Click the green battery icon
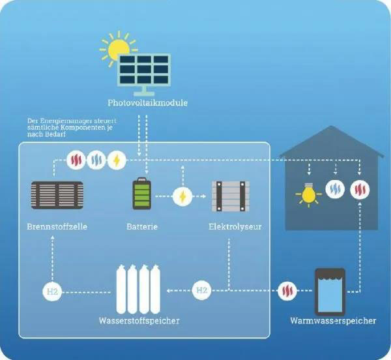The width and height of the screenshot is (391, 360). pyautogui.click(x=141, y=195)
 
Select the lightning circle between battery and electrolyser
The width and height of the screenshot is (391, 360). pyautogui.click(x=182, y=196)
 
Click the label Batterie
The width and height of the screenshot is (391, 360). pyautogui.click(x=142, y=227)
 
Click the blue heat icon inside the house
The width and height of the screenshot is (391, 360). pyautogui.click(x=334, y=190)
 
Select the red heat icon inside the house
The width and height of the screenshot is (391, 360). pyautogui.click(x=359, y=190)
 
